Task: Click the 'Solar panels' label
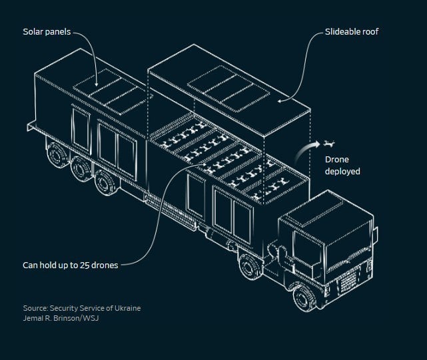47,32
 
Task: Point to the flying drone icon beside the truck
328,144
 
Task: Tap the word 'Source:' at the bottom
36,308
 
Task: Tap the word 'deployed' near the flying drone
342,172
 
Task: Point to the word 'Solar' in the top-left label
34,32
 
